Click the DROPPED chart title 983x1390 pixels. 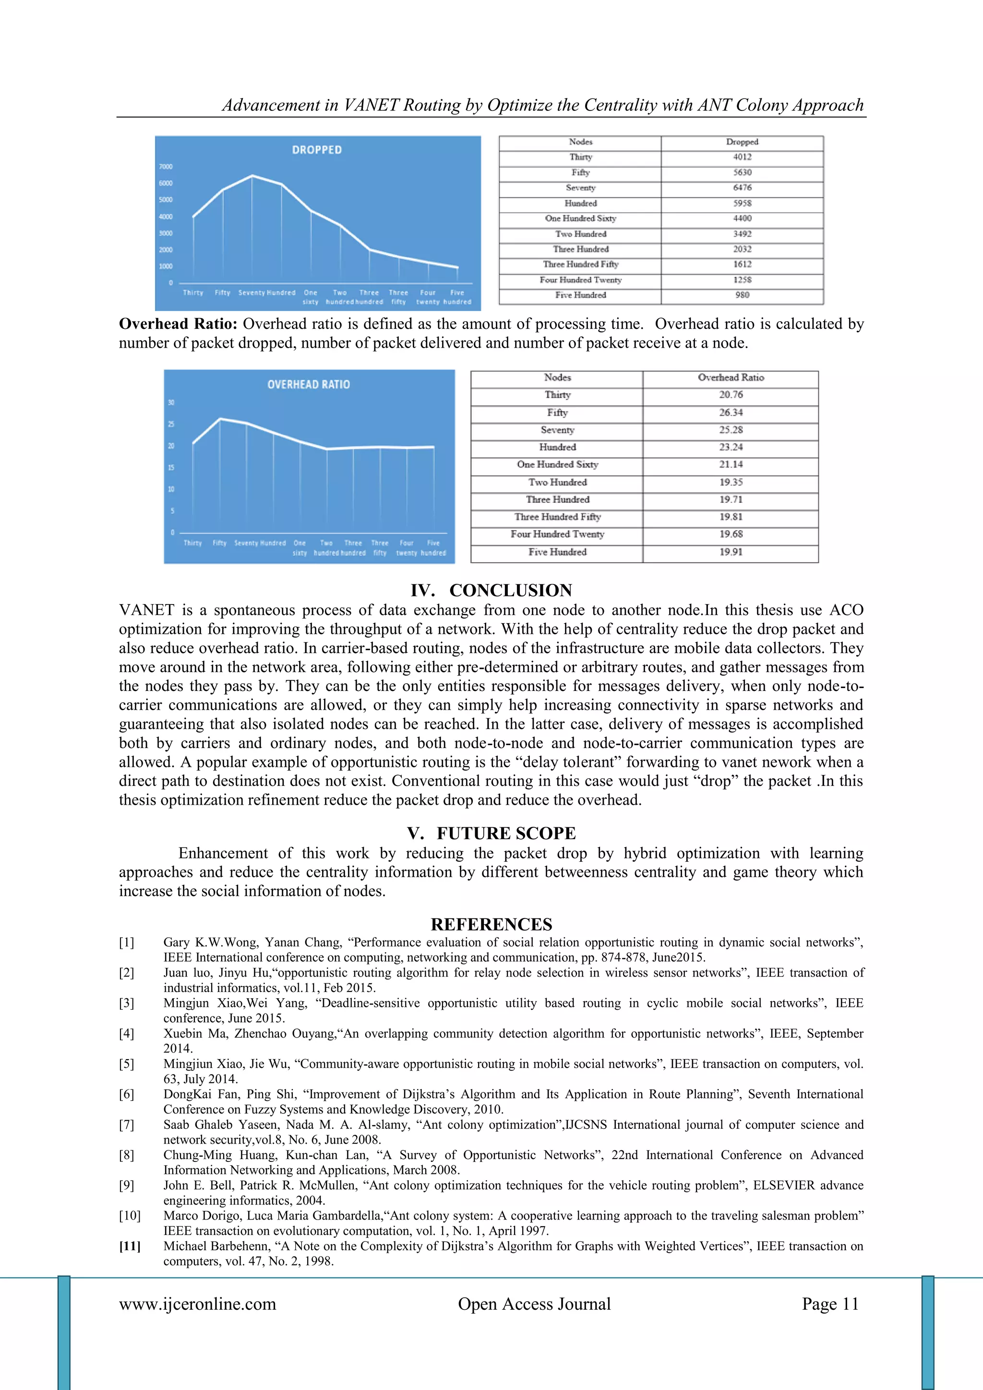317,149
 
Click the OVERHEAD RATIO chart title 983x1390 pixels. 309,385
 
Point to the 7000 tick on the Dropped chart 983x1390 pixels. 166,167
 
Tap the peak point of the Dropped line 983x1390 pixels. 252,176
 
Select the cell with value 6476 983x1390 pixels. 742,188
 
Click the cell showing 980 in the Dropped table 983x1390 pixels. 742,295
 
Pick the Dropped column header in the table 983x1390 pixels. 742,142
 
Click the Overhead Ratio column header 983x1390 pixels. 731,377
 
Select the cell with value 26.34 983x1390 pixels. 731,412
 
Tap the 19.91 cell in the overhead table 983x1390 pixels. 731,552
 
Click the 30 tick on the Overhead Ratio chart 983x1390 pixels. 171,402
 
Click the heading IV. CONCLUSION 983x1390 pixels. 491,590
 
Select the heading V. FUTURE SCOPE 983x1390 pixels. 491,833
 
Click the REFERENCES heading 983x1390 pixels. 491,924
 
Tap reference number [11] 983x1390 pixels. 130,1246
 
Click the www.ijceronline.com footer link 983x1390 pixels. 197,1304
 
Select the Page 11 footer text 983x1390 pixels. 830,1304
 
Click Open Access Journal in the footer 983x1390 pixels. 534,1304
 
